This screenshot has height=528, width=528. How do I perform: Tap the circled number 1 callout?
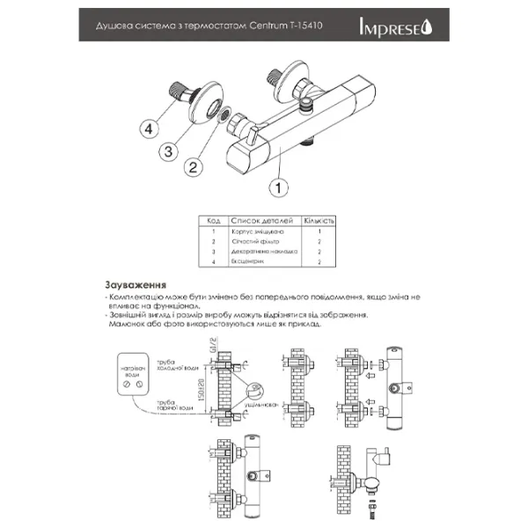tap(279, 187)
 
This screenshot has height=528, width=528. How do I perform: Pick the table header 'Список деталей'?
tap(263, 220)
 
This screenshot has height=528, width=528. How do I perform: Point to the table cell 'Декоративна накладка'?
tap(265, 252)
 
